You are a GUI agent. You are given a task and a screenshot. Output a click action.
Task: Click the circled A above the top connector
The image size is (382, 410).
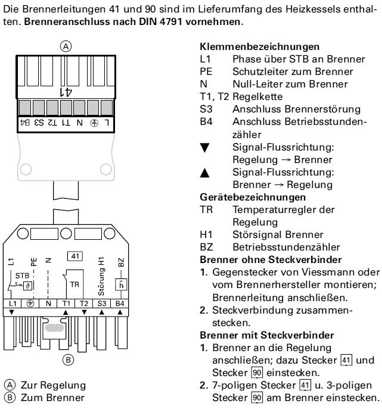(66, 46)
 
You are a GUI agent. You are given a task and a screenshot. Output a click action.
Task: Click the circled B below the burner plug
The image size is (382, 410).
(68, 360)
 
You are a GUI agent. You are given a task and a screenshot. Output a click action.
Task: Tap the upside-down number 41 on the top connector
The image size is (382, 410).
(66, 92)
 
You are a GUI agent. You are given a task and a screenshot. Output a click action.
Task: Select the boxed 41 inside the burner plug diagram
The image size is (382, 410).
(75, 256)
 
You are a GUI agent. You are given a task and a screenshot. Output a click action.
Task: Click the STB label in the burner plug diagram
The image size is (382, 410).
(22, 276)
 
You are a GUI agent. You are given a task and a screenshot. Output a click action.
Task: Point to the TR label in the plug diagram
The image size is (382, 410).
(74, 284)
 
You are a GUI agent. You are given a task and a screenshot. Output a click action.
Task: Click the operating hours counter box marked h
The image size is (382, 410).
(121, 284)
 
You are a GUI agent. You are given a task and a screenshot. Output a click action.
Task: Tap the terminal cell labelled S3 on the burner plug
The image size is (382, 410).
(101, 303)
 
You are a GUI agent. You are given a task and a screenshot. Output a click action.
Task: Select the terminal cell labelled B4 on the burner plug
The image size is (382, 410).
(120, 303)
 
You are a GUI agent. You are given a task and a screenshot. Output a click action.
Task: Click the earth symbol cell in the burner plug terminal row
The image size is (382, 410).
(30, 303)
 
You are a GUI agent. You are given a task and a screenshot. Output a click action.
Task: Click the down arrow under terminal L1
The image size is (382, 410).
(11, 312)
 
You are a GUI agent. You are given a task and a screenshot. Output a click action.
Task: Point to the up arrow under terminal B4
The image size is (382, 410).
(120, 312)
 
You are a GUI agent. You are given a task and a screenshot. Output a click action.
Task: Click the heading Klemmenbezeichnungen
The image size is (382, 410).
(259, 47)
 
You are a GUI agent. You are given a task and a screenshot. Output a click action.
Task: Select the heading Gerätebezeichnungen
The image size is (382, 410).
(253, 197)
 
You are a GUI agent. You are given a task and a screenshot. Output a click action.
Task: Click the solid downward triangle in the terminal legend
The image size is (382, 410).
(205, 148)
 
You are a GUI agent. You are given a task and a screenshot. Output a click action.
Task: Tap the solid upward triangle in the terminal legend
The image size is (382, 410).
(205, 173)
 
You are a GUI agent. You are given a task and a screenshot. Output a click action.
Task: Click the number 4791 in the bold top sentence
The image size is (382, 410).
(170, 21)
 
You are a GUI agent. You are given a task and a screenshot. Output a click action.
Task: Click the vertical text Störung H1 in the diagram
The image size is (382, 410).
(101, 276)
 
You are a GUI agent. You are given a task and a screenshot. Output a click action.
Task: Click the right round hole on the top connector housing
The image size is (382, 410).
(105, 169)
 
